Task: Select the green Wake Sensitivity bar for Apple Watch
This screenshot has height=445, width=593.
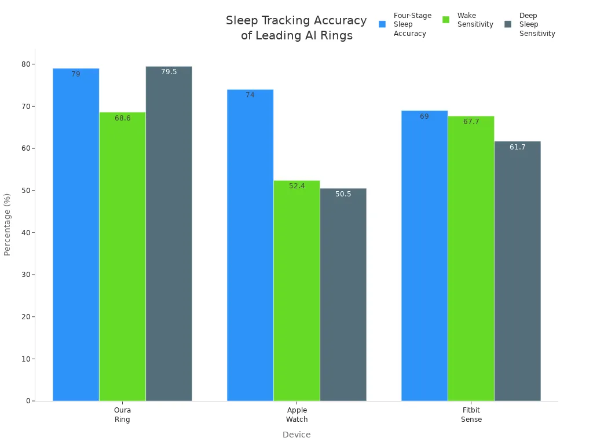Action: point(296,290)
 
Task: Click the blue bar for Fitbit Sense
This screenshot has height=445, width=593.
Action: point(424,256)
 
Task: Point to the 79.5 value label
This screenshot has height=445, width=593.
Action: point(169,72)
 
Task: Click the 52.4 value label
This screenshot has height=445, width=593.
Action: point(296,186)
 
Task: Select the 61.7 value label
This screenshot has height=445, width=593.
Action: point(517,147)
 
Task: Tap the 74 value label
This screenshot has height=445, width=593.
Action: point(250,95)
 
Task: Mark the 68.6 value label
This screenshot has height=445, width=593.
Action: point(122,118)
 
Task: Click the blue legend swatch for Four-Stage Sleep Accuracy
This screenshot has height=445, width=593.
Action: point(382,24)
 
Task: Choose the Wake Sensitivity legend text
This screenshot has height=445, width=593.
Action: point(475,20)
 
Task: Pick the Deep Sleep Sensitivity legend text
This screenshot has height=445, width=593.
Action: point(537,24)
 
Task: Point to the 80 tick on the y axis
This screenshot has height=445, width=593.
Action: point(26,64)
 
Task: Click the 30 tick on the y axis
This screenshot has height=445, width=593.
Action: point(26,275)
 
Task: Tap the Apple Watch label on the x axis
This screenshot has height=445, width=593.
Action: point(296,415)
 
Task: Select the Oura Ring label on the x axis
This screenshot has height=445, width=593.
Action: point(122,415)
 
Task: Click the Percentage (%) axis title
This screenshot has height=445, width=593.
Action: point(8,224)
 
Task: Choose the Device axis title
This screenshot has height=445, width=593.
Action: point(296,435)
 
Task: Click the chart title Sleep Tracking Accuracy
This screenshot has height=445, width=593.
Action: point(296,28)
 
